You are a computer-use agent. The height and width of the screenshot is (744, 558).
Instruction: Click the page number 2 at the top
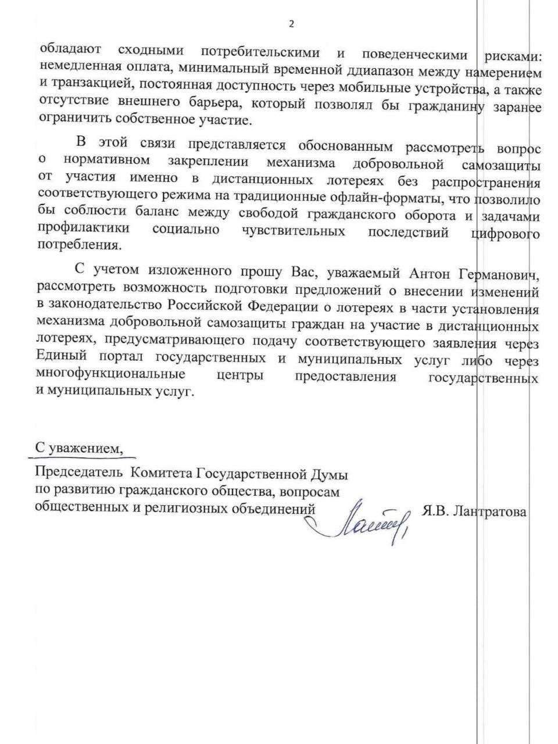click(x=291, y=24)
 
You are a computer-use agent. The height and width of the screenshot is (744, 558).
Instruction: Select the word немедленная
click(x=76, y=70)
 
